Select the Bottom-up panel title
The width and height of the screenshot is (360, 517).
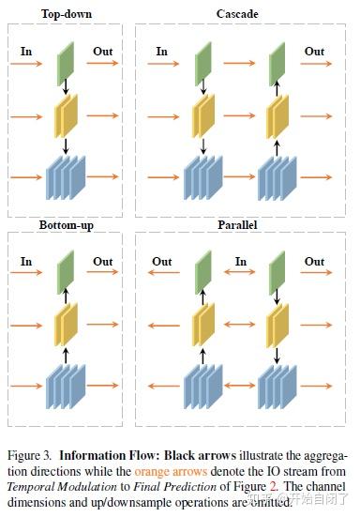65,226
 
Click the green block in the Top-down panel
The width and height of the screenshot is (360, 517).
65,64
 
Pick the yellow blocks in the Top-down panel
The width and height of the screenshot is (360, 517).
65,117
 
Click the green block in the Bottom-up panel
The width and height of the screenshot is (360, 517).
65,275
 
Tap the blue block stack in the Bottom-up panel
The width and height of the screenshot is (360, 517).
65,386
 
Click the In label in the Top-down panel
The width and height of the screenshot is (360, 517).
26,51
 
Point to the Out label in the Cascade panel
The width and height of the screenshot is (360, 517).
314,51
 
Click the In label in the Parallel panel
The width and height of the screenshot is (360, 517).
240,262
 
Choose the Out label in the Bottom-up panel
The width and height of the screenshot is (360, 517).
103,262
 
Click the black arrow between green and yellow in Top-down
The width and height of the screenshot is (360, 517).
65,90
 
